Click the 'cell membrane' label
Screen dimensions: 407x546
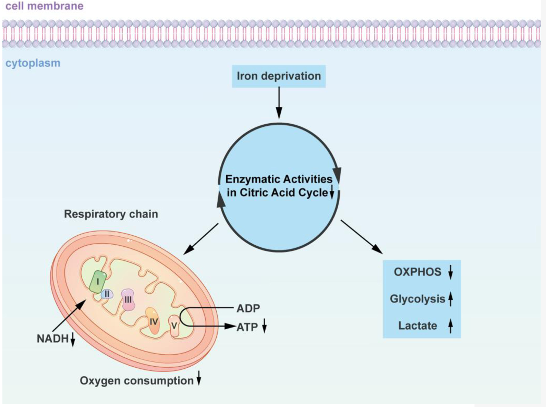pyautogui.click(x=44, y=6)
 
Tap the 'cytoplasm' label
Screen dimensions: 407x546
pyautogui.click(x=33, y=63)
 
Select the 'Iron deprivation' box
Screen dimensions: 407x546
pyautogui.click(x=279, y=76)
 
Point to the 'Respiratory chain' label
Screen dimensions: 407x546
pyautogui.click(x=111, y=214)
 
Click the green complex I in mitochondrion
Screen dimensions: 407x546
pyautogui.click(x=98, y=281)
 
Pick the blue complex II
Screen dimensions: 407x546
pyautogui.click(x=107, y=294)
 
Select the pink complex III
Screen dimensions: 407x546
pyautogui.click(x=128, y=299)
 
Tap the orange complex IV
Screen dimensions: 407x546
pyautogui.click(x=153, y=322)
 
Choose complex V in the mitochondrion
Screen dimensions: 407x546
pyautogui.click(x=174, y=326)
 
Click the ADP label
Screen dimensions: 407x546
pyautogui.click(x=248, y=308)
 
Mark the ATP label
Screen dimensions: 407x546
pyautogui.click(x=247, y=327)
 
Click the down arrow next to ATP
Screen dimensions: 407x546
pyautogui.click(x=264, y=326)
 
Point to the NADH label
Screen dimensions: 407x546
pyautogui.click(x=52, y=339)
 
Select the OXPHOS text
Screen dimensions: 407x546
pyautogui.click(x=418, y=272)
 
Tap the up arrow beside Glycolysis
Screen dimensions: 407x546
pyautogui.click(x=450, y=299)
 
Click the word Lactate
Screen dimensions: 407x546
pyautogui.click(x=418, y=326)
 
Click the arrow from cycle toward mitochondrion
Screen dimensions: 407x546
pyautogui.click(x=201, y=239)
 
